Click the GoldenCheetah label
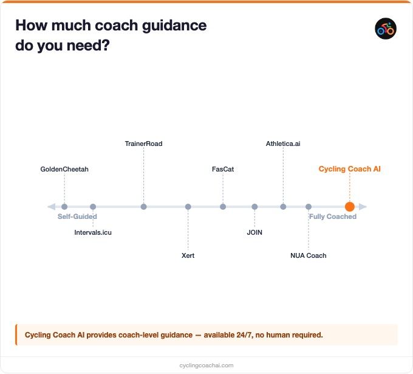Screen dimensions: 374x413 [x=64, y=169]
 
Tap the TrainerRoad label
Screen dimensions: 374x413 [x=143, y=144]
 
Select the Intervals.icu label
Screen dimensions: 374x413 [x=93, y=232]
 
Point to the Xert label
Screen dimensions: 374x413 [x=188, y=255]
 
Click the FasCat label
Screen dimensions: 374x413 [x=223, y=169]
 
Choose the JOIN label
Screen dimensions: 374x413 [x=254, y=232]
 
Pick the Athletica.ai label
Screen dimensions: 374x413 [x=283, y=144]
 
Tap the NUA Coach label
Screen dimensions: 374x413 [x=309, y=255]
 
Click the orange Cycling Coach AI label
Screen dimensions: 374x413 [x=350, y=169]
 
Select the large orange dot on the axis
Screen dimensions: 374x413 [x=350, y=207]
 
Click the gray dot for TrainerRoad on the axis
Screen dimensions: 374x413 [x=143, y=207]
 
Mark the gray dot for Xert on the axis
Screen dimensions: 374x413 [x=188, y=207]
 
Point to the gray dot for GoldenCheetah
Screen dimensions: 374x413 [x=64, y=207]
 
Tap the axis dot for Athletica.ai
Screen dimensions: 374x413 [x=283, y=207]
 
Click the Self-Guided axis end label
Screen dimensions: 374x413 [x=77, y=216]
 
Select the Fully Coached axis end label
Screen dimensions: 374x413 [x=333, y=216]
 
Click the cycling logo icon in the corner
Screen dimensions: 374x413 [x=386, y=28]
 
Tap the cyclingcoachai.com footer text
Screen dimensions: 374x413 [x=206, y=365]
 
